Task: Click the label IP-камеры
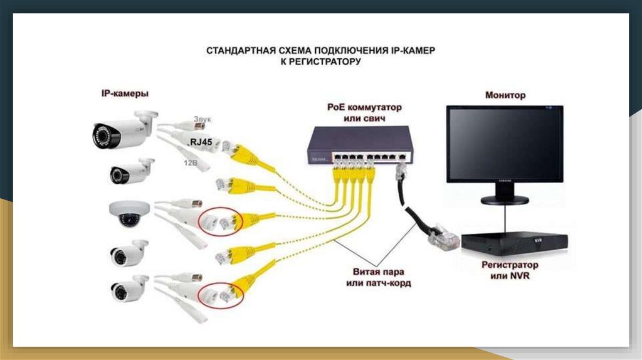[x=125, y=93]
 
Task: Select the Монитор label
[x=505, y=95]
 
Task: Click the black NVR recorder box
[x=513, y=245]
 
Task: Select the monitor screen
[x=505, y=144]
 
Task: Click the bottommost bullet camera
[x=129, y=289]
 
